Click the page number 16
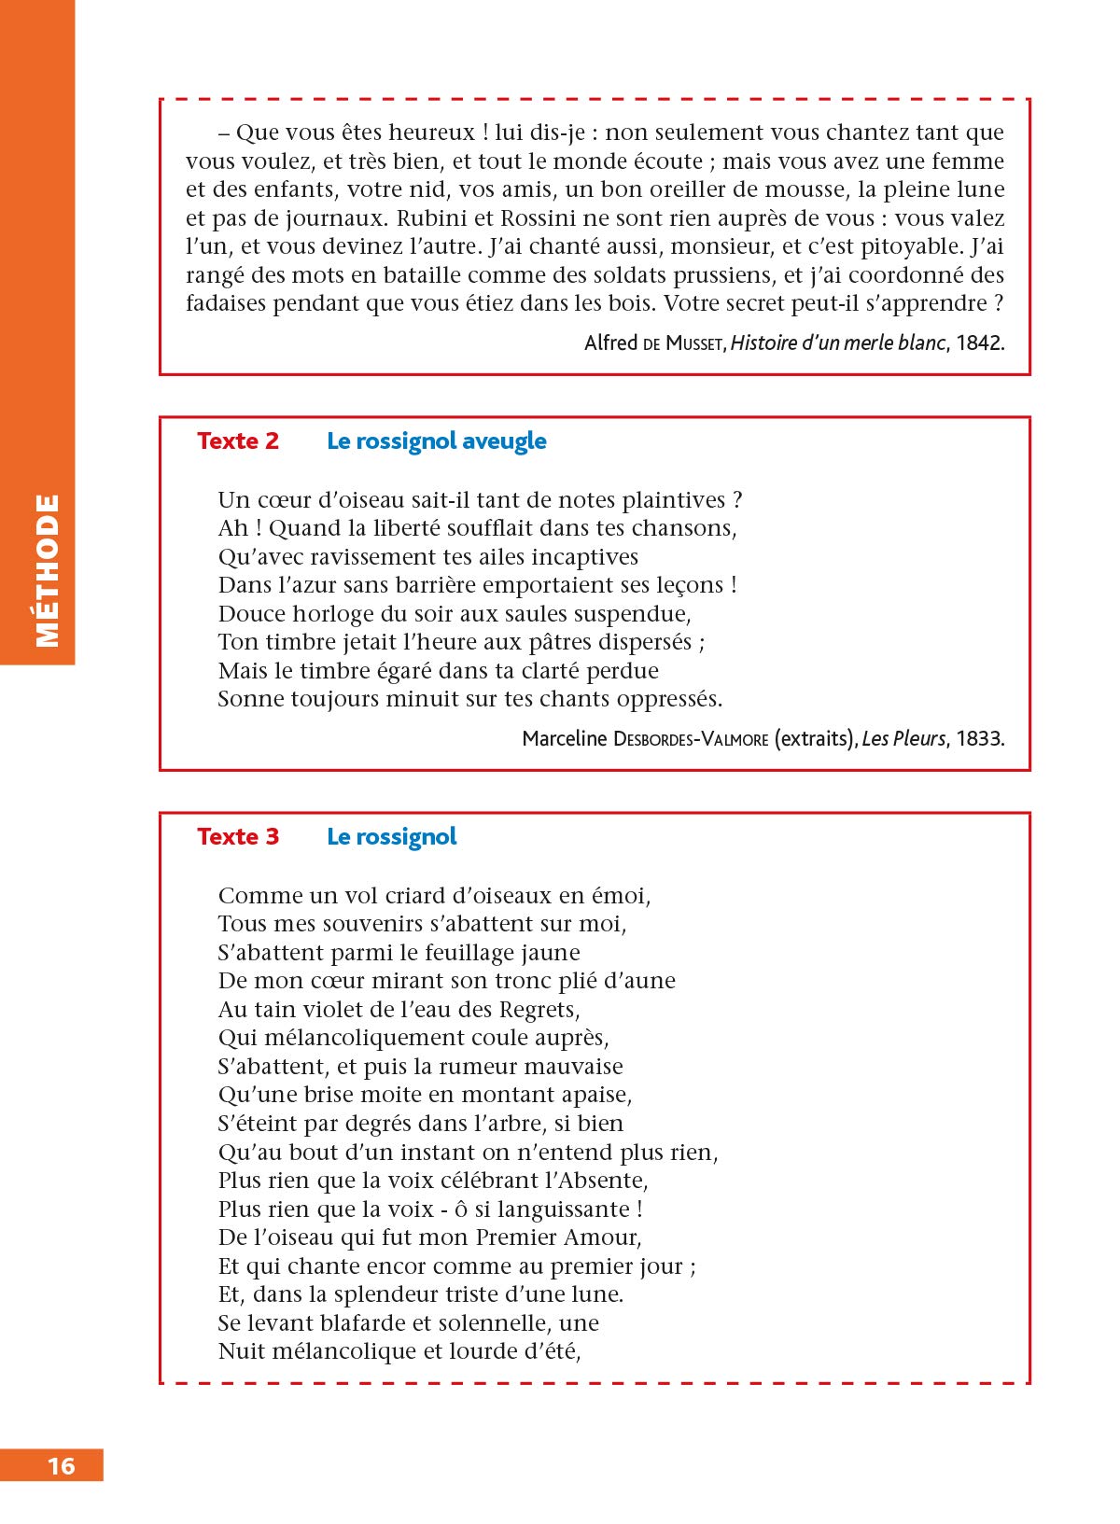pos(62,1465)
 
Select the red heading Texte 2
pos(238,441)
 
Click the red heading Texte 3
pos(238,837)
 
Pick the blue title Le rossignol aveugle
pos(436,441)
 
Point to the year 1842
pos(979,343)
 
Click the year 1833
pos(979,739)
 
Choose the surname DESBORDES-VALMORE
pos(691,739)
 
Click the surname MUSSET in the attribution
pos(693,343)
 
